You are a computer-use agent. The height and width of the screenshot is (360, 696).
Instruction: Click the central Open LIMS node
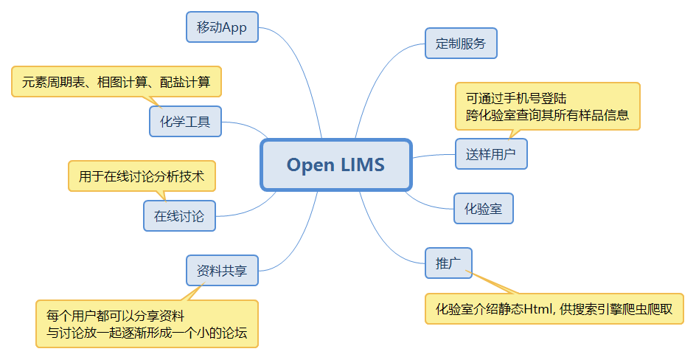click(336, 165)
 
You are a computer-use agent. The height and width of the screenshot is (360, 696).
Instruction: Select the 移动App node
click(222, 27)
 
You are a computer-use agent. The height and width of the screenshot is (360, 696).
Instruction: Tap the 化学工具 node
click(185, 122)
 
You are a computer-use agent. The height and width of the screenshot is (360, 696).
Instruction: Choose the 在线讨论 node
click(179, 216)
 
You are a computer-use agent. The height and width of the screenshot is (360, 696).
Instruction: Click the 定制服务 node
click(461, 44)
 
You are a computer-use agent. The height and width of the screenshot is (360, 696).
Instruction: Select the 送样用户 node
click(491, 154)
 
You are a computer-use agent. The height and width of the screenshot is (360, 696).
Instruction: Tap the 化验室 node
click(483, 209)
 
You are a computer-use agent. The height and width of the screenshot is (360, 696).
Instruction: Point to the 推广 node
click(448, 263)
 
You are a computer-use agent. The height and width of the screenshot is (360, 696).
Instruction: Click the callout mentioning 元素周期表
click(116, 82)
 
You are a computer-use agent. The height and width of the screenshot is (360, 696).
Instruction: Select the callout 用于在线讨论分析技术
click(142, 176)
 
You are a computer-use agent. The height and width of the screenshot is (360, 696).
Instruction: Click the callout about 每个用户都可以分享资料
click(147, 324)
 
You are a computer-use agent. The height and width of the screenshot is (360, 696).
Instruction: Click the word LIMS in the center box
click(363, 165)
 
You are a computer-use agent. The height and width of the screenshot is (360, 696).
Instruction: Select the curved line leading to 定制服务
click(380, 81)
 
